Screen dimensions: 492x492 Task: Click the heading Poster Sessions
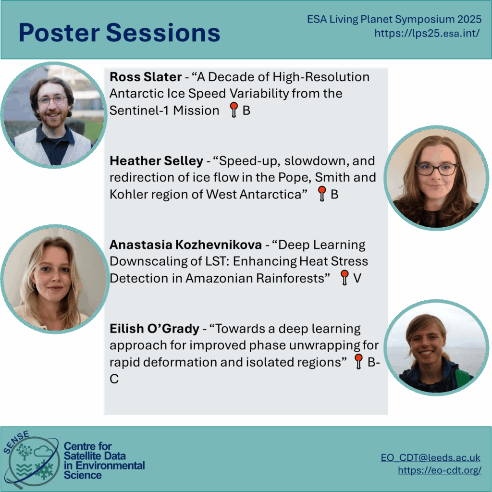(x=119, y=33)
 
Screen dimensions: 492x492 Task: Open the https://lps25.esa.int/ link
(x=427, y=33)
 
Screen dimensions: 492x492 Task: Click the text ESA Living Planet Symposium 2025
(x=394, y=19)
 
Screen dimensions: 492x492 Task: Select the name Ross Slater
(x=146, y=77)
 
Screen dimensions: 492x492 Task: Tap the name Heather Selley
(x=156, y=160)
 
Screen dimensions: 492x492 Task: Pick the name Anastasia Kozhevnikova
(x=185, y=245)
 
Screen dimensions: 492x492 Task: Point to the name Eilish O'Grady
(x=154, y=329)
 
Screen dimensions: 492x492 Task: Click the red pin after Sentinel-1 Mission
(x=234, y=110)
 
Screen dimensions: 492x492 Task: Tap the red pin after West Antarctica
(x=322, y=193)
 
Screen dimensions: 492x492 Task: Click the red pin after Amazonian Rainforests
(x=344, y=277)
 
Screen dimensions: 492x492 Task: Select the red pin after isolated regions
(x=358, y=361)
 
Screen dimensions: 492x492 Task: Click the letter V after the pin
(x=357, y=278)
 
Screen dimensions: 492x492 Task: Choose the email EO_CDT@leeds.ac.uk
(x=430, y=457)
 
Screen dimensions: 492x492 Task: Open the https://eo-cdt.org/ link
(x=440, y=470)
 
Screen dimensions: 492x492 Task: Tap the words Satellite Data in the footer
(x=95, y=456)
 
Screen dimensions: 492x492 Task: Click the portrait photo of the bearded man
(x=54, y=115)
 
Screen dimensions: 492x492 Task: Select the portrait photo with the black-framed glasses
(x=436, y=178)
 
